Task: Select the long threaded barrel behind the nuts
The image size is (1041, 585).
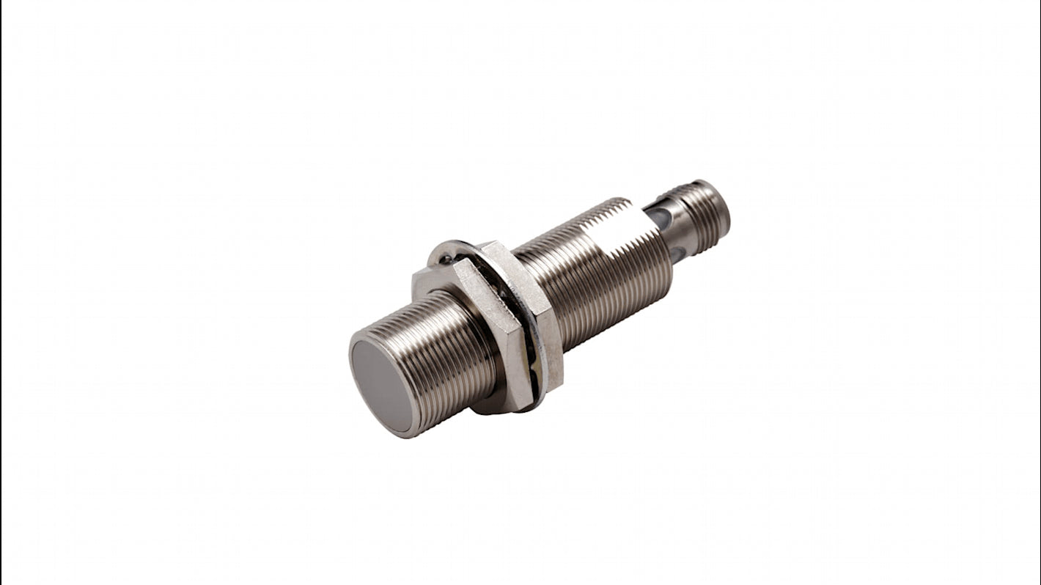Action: pyautogui.click(x=586, y=279)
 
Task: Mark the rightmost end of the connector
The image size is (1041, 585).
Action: pyautogui.click(x=728, y=213)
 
